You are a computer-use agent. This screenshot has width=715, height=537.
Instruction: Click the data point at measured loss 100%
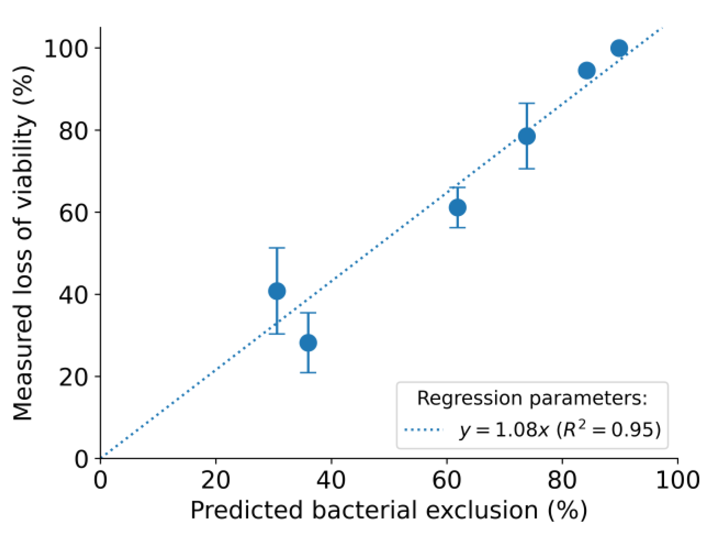coord(619,48)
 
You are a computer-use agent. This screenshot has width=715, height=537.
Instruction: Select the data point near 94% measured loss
coord(587,70)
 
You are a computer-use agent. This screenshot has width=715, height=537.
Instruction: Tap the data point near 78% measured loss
coord(527,136)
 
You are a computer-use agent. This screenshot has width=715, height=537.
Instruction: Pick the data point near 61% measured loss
coord(457,208)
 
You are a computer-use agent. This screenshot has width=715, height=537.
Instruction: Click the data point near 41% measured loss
coord(277,291)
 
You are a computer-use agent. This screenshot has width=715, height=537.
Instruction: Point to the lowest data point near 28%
coord(308,343)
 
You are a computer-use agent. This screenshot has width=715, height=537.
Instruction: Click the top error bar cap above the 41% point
coord(277,248)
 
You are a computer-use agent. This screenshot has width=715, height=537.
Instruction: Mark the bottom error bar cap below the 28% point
coord(308,373)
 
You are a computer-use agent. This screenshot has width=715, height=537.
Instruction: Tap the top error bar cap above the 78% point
coord(527,103)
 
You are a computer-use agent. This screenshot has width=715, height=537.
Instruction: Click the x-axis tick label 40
coord(331,480)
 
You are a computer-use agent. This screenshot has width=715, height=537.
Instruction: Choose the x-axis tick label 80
coord(562,480)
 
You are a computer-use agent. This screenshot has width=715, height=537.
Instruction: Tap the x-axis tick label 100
coord(678,480)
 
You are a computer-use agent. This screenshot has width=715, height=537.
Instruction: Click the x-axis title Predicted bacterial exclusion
coord(388,510)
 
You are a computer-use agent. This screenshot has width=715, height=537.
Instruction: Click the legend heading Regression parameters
coord(532,398)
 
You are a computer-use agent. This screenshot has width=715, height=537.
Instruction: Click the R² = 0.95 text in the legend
coord(609,430)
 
